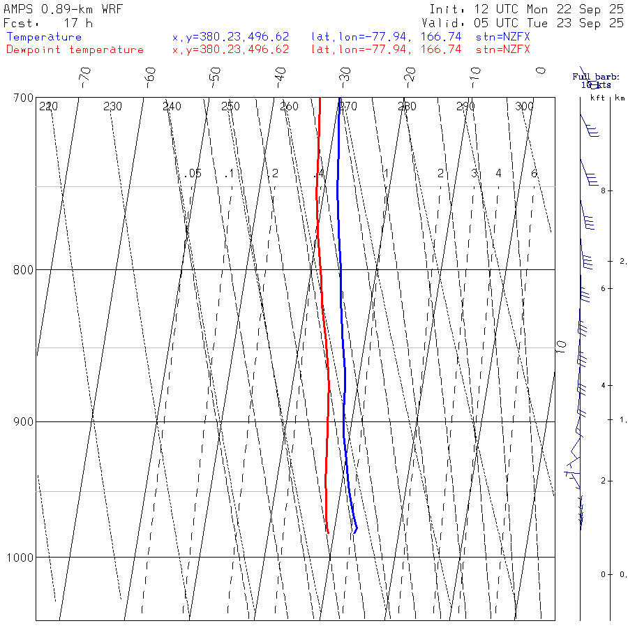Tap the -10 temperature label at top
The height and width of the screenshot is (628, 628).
click(474, 75)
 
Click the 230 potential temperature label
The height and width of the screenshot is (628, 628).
click(112, 107)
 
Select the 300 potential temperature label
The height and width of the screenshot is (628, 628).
click(524, 107)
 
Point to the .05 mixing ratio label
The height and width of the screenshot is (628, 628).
click(193, 173)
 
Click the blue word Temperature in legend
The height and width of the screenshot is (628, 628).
click(44, 37)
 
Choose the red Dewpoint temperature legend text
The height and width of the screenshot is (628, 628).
click(75, 50)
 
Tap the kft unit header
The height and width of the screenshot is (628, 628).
click(597, 98)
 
